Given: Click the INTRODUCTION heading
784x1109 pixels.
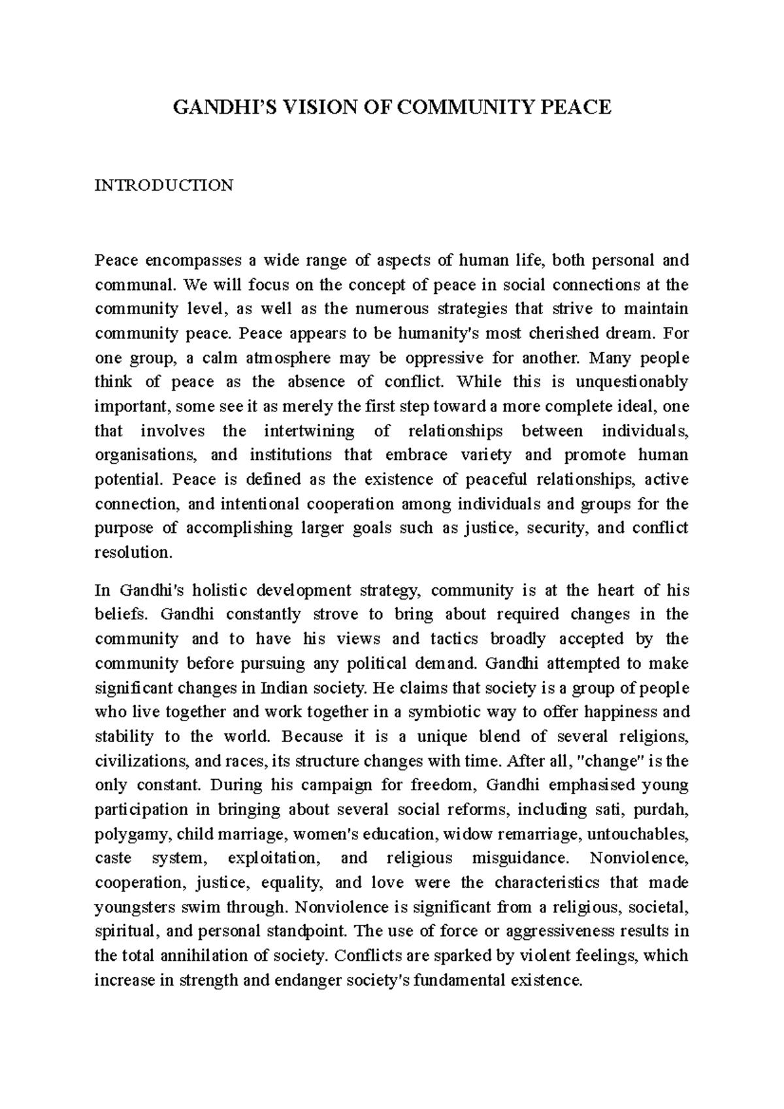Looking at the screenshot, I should click(163, 185).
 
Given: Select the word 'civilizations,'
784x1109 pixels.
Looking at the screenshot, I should click(142, 761).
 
